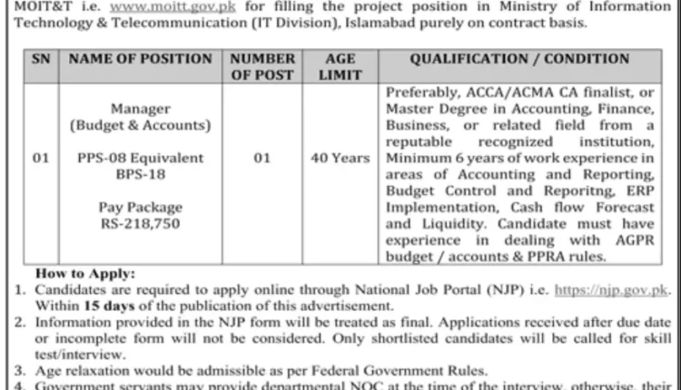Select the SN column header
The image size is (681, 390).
pyautogui.click(x=40, y=59)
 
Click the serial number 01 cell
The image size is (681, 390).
pyautogui.click(x=40, y=158)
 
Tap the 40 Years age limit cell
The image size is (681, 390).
pyautogui.click(x=340, y=158)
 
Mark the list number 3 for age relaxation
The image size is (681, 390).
pyautogui.click(x=19, y=370)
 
